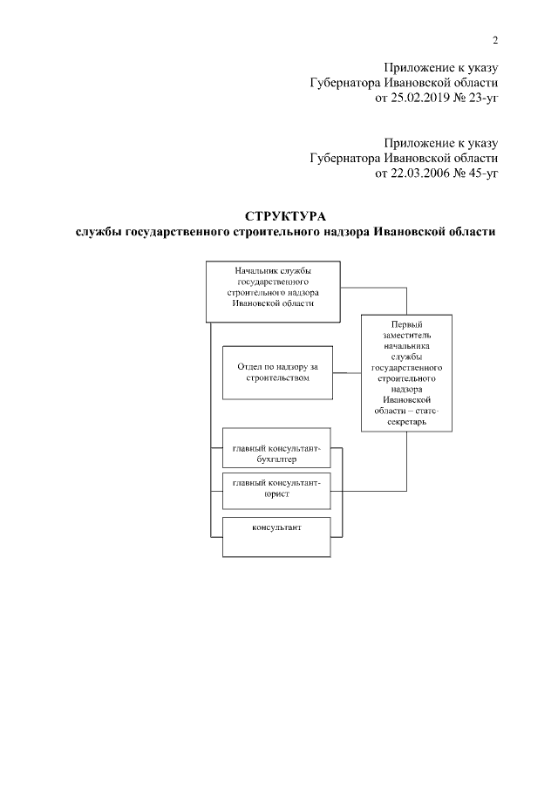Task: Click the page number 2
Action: click(x=494, y=40)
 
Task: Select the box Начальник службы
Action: click(x=273, y=291)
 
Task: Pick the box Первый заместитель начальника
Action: click(x=407, y=373)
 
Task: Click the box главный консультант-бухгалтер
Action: click(x=277, y=447)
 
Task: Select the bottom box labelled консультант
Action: click(x=277, y=536)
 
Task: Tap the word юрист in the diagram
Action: click(x=277, y=493)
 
